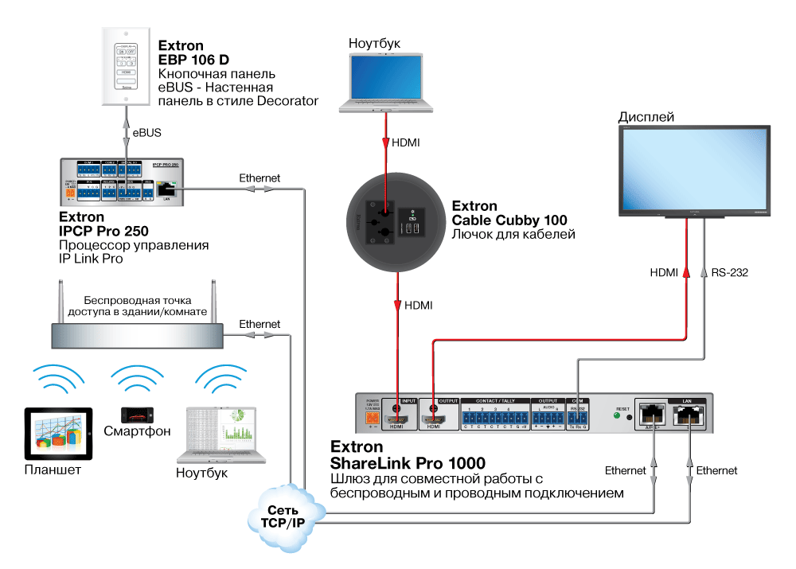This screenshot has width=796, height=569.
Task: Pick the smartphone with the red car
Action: pos(137,415)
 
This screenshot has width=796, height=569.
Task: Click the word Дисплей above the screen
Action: pos(646,117)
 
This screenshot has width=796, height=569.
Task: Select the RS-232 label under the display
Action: pos(729,273)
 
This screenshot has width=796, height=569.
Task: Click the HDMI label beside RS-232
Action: pos(664,273)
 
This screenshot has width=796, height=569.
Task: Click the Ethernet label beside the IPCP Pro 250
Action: pos(259,178)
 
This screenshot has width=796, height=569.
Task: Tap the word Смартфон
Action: pos(137,433)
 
